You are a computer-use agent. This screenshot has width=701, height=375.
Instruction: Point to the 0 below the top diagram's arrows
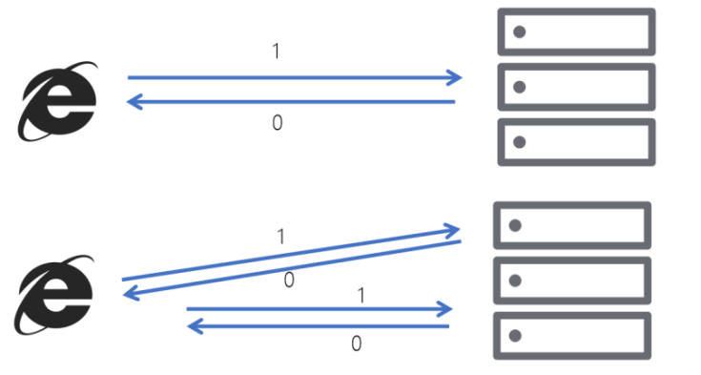278,123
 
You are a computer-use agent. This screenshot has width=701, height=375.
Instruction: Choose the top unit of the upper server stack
576,31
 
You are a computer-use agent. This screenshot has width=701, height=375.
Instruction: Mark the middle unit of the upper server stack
576,87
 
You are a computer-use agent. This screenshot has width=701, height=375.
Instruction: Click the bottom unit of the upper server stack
576,142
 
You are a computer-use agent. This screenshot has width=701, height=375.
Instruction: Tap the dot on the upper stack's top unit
520,31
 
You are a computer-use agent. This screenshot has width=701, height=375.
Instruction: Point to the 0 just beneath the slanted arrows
289,281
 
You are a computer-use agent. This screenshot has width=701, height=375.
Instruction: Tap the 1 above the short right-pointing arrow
361,296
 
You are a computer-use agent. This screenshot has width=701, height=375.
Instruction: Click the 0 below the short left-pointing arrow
356,344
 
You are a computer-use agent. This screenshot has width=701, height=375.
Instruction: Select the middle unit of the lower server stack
571,281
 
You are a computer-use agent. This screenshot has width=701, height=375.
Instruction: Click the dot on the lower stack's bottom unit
515,336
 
